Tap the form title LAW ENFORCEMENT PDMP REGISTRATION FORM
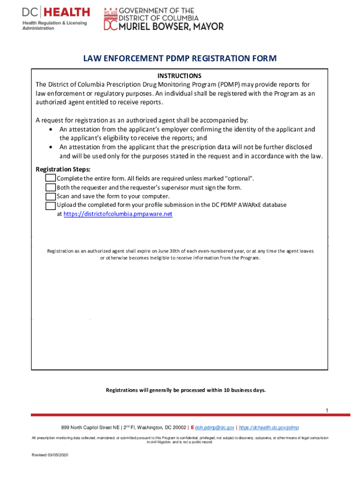[180, 58]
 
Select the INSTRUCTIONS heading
[180, 76]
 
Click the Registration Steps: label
[63, 169]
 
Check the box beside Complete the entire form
[50, 178]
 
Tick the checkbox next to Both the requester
[50, 187]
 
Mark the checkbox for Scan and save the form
[50, 196]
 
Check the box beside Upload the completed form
[50, 205]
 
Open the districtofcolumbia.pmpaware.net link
[118, 214]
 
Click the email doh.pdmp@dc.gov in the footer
[215, 428]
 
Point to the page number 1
[327, 411]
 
